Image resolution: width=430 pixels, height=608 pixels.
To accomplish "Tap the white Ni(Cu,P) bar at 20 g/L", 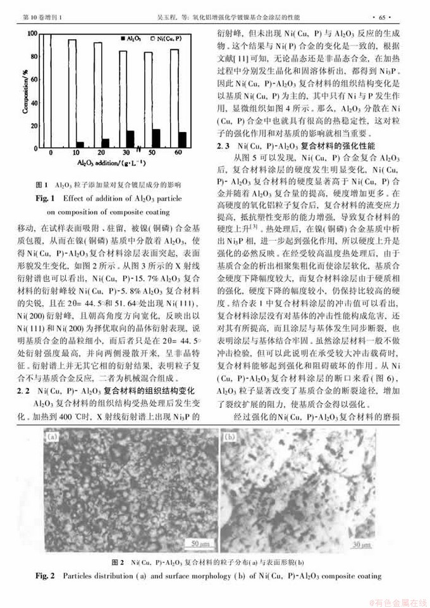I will pyautogui.click(x=98, y=95).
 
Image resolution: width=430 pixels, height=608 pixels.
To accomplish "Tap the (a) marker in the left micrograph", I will pyautogui.click(x=52, y=437).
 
